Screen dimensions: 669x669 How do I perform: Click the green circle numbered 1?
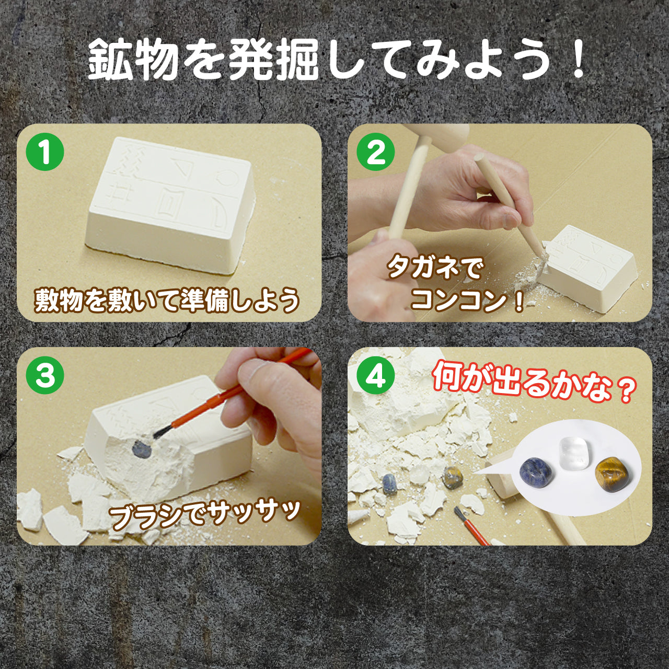pyautogui.click(x=45, y=152)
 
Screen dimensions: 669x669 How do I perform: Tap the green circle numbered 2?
pyautogui.click(x=376, y=152)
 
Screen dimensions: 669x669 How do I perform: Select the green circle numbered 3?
pyautogui.click(x=45, y=376)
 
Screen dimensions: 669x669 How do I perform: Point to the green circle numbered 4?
pyautogui.click(x=376, y=376)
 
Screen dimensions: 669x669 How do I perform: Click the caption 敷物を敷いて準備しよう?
pyautogui.click(x=167, y=301)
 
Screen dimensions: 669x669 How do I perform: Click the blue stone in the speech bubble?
pyautogui.click(x=537, y=470)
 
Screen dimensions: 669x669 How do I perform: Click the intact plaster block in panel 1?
pyautogui.click(x=170, y=206)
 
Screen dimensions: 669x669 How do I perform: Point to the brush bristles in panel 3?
pyautogui.click(x=160, y=432)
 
